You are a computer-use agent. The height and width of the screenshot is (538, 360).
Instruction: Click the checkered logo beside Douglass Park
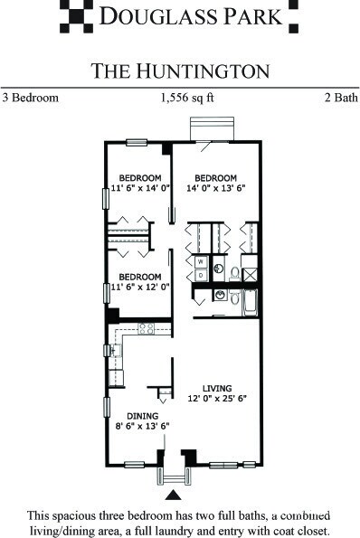pos(75,14)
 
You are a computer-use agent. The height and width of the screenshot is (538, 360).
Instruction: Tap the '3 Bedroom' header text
pos(31,97)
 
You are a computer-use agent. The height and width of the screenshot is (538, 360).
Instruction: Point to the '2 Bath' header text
pos(339,97)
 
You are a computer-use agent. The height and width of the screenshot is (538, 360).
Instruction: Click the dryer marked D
pos(200,274)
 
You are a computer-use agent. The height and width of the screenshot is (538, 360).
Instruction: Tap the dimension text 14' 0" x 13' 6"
pos(216,189)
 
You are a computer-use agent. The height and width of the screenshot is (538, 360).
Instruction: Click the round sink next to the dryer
pos(218,269)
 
